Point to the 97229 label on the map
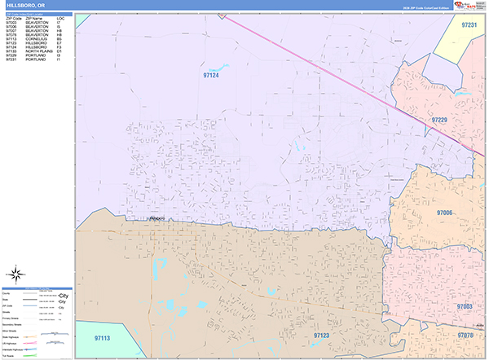tap(439, 120)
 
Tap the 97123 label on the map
tap(322, 335)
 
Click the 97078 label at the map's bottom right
tap(465, 335)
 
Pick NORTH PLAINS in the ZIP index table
tap(39, 52)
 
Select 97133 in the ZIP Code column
tap(11, 52)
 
